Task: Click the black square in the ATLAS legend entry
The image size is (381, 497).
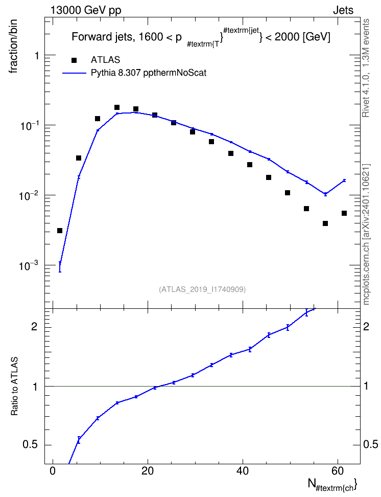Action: [74, 60]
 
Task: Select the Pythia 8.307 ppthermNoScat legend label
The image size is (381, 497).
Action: [149, 73]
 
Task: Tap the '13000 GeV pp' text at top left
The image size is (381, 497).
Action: [86, 10]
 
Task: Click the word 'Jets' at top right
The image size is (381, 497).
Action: [343, 10]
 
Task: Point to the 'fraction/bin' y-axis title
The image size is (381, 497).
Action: [13, 47]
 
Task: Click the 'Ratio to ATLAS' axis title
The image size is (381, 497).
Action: [14, 386]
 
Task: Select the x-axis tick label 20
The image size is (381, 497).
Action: [148, 471]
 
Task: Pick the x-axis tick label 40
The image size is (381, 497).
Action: [243, 471]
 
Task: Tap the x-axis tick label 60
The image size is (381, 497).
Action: [338, 471]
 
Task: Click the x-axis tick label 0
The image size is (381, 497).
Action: [53, 471]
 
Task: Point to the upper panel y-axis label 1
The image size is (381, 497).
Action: [37, 56]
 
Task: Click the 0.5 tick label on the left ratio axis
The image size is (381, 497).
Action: [30, 445]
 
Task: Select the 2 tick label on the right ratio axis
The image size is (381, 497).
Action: [366, 326]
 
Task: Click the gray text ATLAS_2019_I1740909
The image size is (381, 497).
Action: [202, 289]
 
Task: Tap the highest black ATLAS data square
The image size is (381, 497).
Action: [117, 107]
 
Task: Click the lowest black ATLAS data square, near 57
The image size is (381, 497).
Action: [325, 223]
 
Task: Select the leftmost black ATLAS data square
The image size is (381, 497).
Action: [60, 231]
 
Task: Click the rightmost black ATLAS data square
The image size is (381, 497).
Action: [344, 213]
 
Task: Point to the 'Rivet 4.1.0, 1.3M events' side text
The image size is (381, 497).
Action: [366, 68]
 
